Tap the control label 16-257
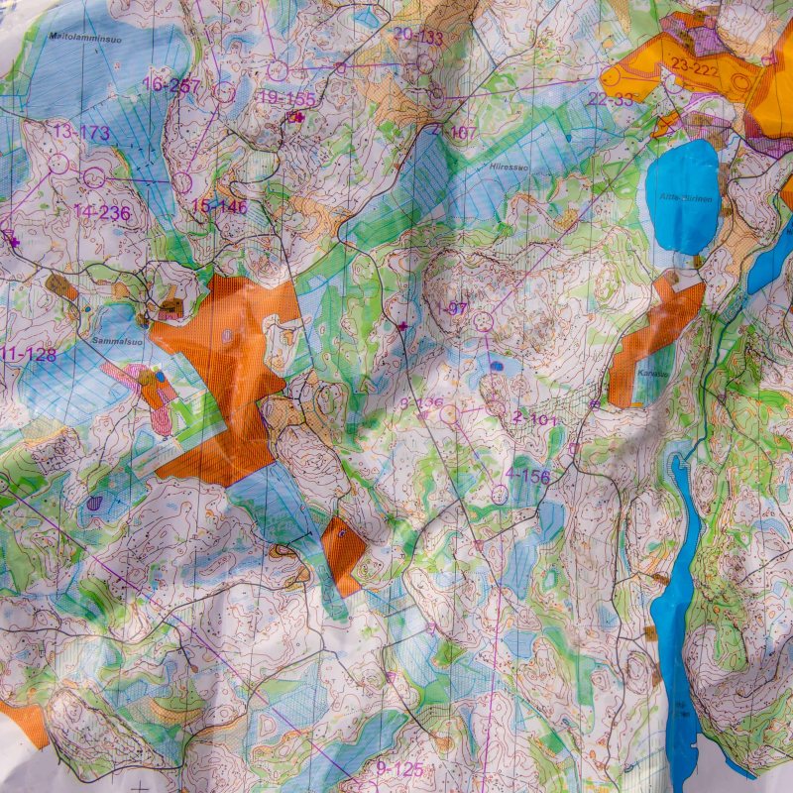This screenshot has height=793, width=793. click(171, 85)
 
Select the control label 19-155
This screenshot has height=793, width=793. click(286, 98)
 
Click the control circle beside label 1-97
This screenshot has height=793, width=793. click(484, 322)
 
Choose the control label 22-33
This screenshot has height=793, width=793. click(610, 99)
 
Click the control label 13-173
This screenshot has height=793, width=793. click(81, 132)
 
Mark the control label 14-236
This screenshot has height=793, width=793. click(101, 211)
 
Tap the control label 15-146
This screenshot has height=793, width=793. click(219, 206)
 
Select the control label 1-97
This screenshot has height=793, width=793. click(451, 308)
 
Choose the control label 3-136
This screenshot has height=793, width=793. click(420, 402)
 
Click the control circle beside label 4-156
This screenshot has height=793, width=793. click(500, 494)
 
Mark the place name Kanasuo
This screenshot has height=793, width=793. click(649, 375)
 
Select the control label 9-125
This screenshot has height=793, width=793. click(399, 768)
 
